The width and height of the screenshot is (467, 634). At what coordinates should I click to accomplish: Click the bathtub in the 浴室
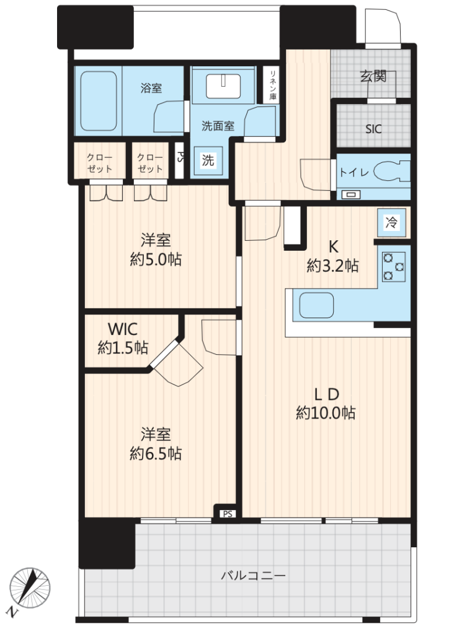tap(99, 101)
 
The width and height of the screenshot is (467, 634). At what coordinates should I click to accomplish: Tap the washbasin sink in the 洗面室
tap(223, 86)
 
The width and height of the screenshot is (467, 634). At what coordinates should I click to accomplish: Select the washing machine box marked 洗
tap(208, 160)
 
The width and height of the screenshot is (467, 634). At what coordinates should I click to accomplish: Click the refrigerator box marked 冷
tap(391, 222)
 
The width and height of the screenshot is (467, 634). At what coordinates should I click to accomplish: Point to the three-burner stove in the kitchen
tap(393, 267)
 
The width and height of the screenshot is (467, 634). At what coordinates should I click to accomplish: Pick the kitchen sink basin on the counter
tap(316, 305)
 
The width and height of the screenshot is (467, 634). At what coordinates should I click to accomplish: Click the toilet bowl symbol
tap(391, 172)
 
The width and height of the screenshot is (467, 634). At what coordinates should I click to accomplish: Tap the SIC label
tap(373, 129)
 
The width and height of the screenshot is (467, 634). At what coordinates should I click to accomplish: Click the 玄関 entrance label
tap(373, 76)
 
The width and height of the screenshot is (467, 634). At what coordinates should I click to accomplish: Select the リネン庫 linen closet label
tap(273, 85)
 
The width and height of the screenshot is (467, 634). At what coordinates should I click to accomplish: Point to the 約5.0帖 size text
tap(156, 259)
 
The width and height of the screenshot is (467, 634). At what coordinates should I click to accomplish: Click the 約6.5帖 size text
tap(156, 454)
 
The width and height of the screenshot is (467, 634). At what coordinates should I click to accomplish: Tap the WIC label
tap(123, 329)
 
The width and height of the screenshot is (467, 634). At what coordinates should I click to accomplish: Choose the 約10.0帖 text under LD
tap(326, 413)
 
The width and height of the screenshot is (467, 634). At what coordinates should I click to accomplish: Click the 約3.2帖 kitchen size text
tap(332, 266)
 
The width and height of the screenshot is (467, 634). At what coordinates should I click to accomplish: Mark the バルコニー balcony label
tap(253, 575)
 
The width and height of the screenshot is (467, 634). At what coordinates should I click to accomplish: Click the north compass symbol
tap(29, 588)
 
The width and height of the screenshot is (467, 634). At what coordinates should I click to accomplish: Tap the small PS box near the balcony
tap(228, 514)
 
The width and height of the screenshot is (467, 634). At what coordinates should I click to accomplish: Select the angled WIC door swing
tap(178, 364)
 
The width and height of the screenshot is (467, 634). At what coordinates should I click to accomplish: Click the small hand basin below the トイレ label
tap(351, 195)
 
